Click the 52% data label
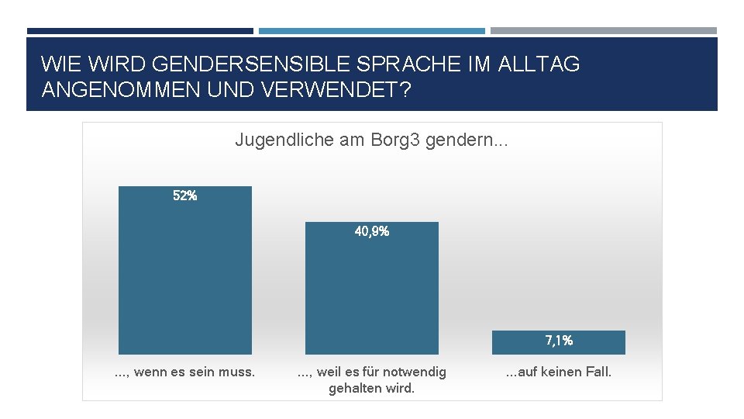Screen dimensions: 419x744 (184, 196)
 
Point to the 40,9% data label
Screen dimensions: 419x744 (371, 231)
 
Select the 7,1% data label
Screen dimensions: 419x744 (559, 340)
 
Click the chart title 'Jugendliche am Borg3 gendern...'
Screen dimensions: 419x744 (371, 140)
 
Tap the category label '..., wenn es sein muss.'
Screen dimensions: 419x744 (184, 372)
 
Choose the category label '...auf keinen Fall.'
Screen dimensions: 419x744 (558, 372)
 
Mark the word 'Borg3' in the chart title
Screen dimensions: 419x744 (396, 140)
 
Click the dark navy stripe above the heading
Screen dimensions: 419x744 (139, 31)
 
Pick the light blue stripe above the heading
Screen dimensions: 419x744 (371, 31)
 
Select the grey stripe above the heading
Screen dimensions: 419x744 (603, 31)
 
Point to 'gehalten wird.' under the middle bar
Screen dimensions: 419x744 (371, 388)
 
